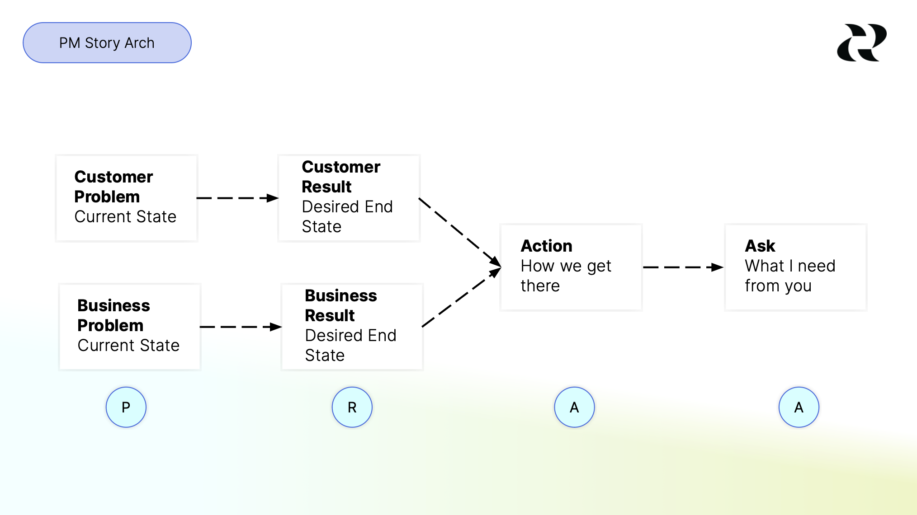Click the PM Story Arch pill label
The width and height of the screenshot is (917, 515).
point(107,43)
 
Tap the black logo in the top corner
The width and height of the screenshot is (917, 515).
point(861,43)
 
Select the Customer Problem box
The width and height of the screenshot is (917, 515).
point(127,198)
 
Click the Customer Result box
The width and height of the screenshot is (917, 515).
point(349,198)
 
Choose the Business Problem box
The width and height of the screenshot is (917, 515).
point(130,327)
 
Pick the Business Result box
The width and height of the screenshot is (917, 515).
point(352,327)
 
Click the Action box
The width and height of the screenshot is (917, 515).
point(571,267)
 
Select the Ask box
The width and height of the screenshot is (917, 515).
point(795,267)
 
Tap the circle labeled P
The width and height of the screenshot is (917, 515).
point(126,407)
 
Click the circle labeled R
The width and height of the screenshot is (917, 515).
point(352,407)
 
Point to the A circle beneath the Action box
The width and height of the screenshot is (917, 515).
point(574,407)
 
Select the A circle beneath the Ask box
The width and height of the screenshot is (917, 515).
point(799,407)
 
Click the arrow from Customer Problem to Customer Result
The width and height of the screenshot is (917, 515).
point(237,198)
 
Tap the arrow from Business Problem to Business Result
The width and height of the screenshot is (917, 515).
point(241,327)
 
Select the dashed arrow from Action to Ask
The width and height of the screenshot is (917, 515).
point(683,267)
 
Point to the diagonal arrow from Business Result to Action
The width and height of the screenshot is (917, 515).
point(461,297)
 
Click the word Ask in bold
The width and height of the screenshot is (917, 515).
point(760,246)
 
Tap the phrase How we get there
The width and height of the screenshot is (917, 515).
point(565,276)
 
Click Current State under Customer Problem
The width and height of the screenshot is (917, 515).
point(125,217)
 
